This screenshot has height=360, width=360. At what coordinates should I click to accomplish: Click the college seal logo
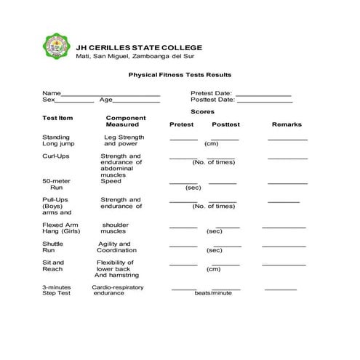(x=55, y=47)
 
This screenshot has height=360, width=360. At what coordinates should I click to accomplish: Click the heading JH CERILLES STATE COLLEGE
(x=139, y=47)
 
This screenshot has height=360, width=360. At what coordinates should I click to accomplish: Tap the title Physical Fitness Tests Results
(x=180, y=74)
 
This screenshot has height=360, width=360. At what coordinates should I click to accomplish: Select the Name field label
(x=51, y=93)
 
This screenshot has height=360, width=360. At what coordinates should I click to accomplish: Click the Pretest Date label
(x=211, y=93)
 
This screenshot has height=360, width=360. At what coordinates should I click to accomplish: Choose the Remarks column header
(x=287, y=124)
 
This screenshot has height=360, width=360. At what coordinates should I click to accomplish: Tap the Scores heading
(x=202, y=112)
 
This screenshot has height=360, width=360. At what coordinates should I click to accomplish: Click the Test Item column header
(x=57, y=118)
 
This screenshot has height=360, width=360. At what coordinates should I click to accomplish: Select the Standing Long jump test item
(x=57, y=140)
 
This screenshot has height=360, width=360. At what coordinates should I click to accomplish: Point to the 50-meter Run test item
(x=55, y=184)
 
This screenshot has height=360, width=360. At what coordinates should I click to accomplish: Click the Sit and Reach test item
(x=53, y=266)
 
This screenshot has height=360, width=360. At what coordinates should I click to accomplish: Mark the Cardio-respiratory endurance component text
(x=117, y=290)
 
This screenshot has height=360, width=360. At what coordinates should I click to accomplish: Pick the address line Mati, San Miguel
(x=134, y=57)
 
